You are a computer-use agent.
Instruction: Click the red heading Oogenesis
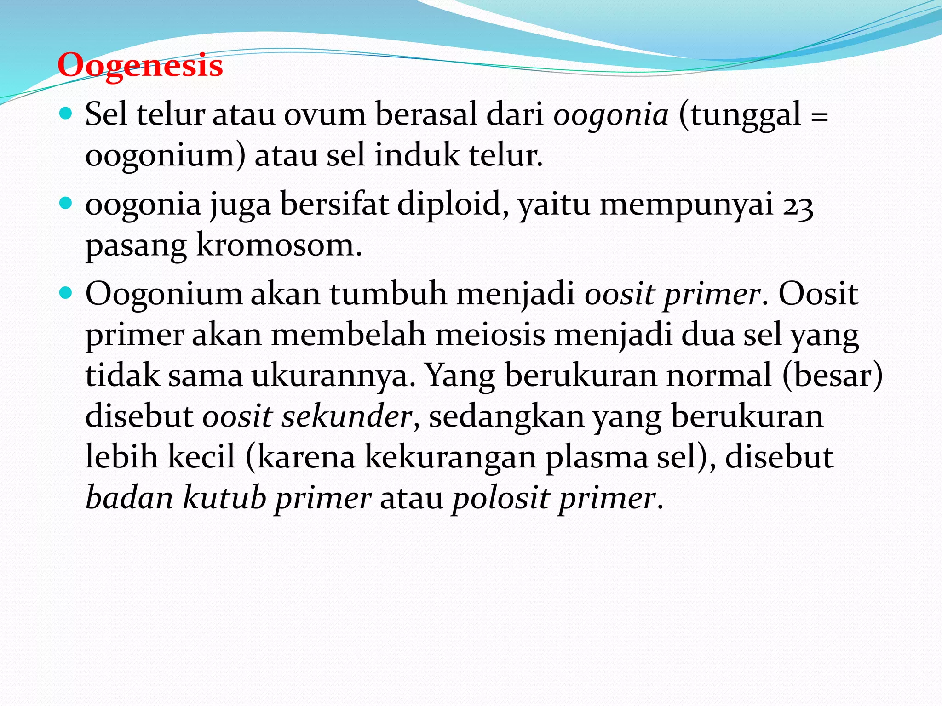tap(140, 66)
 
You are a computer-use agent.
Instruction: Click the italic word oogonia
tap(611, 115)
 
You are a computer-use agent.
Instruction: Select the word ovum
tap(325, 115)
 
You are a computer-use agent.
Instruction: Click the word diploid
tap(449, 204)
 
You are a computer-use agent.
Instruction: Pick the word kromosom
tap(279, 245)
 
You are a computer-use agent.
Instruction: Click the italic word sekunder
tap(347, 416)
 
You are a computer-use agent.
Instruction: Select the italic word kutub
tap(224, 498)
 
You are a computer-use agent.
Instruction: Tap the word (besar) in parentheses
tap(833, 376)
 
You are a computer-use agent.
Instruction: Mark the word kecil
tap(201, 457)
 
